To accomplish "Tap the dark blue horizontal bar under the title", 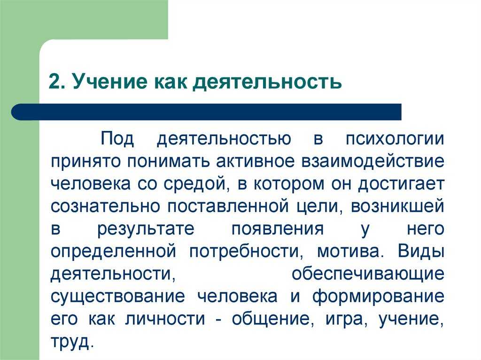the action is (x=206, y=112).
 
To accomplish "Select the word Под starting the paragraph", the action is (x=117, y=139).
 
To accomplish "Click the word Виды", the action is (x=421, y=251).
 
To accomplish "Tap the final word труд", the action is (x=72, y=342).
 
